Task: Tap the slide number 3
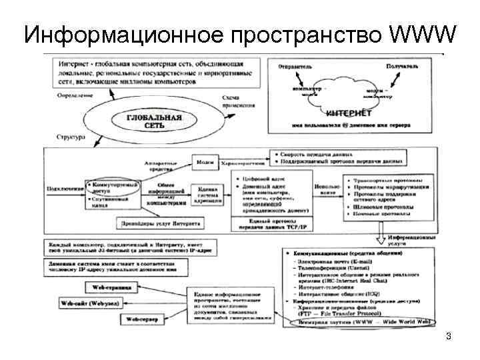click(x=449, y=337)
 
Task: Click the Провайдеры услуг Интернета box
click(x=163, y=223)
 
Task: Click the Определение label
click(x=73, y=96)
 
